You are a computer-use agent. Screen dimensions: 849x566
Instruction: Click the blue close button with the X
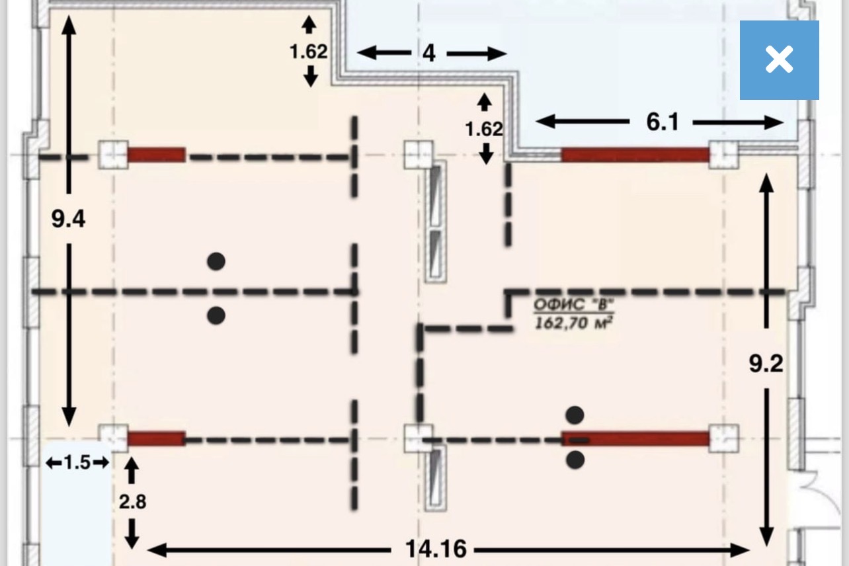pyautogui.click(x=780, y=60)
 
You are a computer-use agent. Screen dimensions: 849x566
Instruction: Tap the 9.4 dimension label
pyautogui.click(x=68, y=219)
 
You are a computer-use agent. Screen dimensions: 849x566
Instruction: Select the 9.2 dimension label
pyautogui.click(x=766, y=364)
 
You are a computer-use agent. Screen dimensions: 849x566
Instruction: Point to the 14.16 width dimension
pyautogui.click(x=436, y=549)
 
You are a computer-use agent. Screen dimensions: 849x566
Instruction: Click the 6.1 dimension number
pyautogui.click(x=662, y=122)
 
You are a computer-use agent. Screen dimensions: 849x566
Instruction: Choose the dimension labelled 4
pyautogui.click(x=428, y=54)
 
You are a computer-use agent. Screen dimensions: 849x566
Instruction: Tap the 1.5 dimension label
pyautogui.click(x=77, y=462)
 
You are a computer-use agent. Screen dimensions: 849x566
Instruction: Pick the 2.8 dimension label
pyautogui.click(x=132, y=502)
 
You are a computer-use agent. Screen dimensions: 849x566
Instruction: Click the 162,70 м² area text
pyautogui.click(x=573, y=323)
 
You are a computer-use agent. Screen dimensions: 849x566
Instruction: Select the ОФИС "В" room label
pyautogui.click(x=573, y=304)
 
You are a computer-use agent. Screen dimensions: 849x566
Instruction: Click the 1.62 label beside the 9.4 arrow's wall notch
pyautogui.click(x=308, y=52)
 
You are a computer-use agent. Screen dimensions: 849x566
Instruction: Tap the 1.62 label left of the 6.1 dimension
pyautogui.click(x=484, y=130)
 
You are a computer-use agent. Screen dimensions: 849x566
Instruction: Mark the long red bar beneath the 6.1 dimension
pyautogui.click(x=635, y=155)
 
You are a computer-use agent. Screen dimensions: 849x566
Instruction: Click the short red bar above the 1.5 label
pyautogui.click(x=156, y=438)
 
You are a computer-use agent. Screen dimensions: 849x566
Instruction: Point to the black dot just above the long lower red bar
pyautogui.click(x=575, y=415)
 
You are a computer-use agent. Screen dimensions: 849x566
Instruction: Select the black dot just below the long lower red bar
pyautogui.click(x=575, y=460)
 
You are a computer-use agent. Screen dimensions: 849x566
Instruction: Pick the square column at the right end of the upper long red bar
pyautogui.click(x=723, y=155)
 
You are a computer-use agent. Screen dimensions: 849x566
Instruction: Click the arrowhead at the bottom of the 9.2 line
pyautogui.click(x=766, y=536)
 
